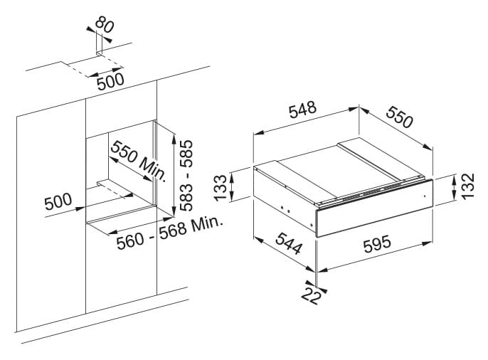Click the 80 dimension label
pos(105,25)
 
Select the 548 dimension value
pos(302,110)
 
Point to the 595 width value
pos(377,243)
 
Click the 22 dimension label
pos(311,295)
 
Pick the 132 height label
pos(468,186)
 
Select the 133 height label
pos(221,188)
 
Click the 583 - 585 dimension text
pos(186,176)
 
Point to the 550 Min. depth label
pos(138,161)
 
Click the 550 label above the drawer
pos(400,117)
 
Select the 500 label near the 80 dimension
pos(110,82)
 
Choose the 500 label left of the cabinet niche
pos(58,201)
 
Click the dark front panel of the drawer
pos(374,208)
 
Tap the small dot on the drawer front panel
pos(424,196)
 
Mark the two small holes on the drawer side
pos(285,210)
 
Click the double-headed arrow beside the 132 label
pos(453,186)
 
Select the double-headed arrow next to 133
pos(232,187)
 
